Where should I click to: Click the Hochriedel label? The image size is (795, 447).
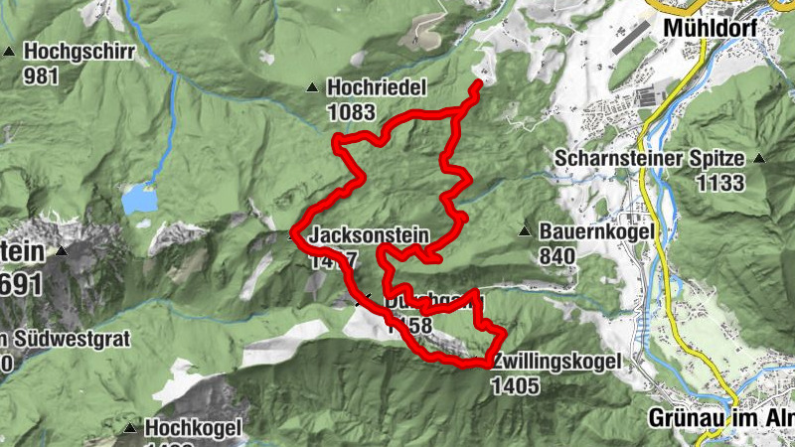click(373, 88)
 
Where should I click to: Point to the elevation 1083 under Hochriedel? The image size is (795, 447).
click(350, 112)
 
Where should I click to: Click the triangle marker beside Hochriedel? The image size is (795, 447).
click(313, 88)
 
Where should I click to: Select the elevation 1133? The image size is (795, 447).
click(720, 183)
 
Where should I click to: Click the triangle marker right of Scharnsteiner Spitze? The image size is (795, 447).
click(759, 158)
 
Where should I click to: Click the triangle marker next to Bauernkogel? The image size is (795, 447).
click(524, 231)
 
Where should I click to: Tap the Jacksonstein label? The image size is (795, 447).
click(369, 236)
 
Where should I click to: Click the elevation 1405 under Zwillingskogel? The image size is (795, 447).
click(515, 384)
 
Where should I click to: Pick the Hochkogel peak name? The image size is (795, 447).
click(194, 428)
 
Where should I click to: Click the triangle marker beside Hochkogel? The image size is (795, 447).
click(130, 428)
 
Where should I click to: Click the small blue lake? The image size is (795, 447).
click(139, 199)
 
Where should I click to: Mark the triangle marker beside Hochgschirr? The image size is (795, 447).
click(9, 51)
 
